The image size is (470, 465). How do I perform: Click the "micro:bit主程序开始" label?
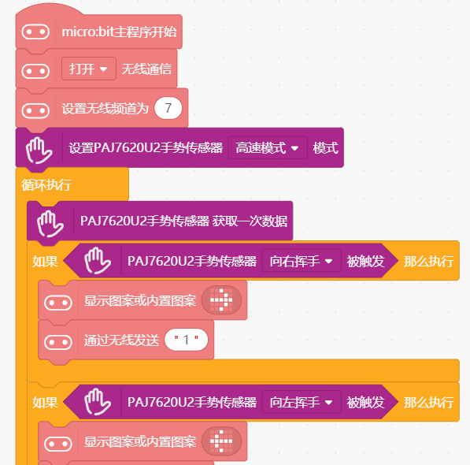[x=119, y=32]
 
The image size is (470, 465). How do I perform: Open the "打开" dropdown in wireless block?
[x=89, y=69]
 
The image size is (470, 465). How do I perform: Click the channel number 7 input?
[x=168, y=108]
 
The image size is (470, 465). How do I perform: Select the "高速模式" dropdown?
[x=268, y=147]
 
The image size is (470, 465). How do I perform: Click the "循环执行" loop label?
[x=46, y=184]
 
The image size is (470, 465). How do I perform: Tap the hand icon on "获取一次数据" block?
[x=50, y=224]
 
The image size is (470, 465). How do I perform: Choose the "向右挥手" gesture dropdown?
[x=302, y=261]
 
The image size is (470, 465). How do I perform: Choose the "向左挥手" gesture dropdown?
[x=302, y=402]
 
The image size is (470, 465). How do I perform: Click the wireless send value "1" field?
[x=186, y=340]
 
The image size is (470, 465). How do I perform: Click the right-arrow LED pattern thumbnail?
[x=221, y=299]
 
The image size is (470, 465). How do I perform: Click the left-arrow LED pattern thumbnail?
[x=221, y=441]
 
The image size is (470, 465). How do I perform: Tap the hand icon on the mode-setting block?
[x=39, y=151]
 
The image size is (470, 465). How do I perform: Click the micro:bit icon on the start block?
[x=35, y=32]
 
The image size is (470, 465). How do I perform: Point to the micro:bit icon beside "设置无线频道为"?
[x=35, y=110]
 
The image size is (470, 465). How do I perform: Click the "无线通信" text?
[x=146, y=69]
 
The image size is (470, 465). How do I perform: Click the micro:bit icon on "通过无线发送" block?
[x=57, y=342]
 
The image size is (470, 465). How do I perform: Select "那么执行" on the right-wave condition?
[x=428, y=262]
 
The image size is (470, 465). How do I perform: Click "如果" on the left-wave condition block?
[x=45, y=402]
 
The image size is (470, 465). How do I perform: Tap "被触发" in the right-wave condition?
[x=366, y=262]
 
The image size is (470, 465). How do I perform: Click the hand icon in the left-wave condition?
[x=98, y=402]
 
